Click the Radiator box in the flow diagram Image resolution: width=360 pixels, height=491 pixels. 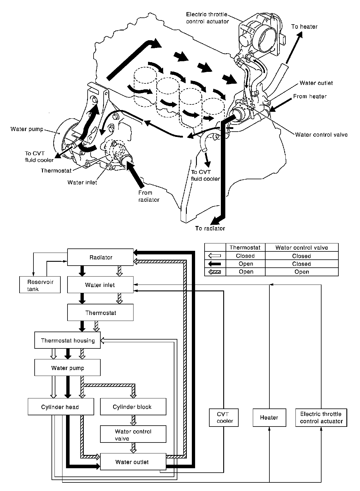100,257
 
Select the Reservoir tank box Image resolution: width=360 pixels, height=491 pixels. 40,285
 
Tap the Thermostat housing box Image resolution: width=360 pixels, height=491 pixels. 67,340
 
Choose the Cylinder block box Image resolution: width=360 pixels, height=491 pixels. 133,407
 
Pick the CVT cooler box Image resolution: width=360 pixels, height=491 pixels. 224,418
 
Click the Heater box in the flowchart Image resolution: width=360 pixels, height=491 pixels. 269,418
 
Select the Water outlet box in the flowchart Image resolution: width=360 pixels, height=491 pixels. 133,462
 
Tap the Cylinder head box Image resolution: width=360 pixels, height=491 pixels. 61,407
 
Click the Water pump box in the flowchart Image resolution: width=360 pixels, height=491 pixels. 67,368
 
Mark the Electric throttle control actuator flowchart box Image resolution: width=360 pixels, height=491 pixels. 322,418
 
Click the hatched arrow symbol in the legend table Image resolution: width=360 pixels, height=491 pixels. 215,272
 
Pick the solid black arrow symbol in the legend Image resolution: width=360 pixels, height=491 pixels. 215,264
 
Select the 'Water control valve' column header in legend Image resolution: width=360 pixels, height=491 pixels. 302,248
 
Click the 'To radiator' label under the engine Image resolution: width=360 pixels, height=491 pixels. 210,228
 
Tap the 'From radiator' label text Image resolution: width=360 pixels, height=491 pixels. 149,196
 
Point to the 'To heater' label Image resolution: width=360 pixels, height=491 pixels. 304,27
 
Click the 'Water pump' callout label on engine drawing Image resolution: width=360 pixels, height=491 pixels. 27,129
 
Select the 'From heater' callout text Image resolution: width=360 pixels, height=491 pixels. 310,96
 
